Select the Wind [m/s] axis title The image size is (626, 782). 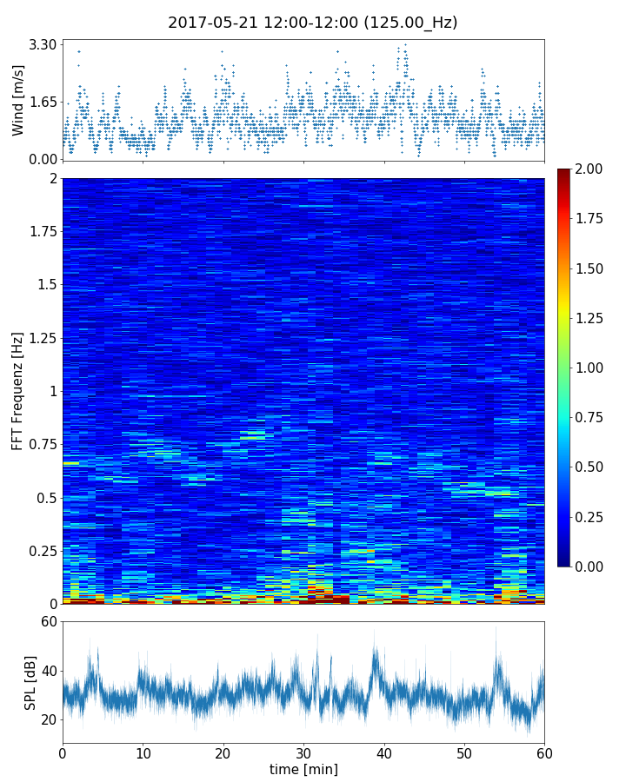tap(18, 99)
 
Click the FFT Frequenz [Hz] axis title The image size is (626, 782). tap(18, 391)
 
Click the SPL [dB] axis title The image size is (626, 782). tap(30, 682)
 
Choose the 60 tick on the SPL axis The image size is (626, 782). tap(49, 622)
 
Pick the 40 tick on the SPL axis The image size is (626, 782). tap(49, 671)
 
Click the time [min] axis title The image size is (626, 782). tap(303, 769)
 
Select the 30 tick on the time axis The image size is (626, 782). tap(303, 752)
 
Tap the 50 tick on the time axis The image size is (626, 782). tap(464, 752)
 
